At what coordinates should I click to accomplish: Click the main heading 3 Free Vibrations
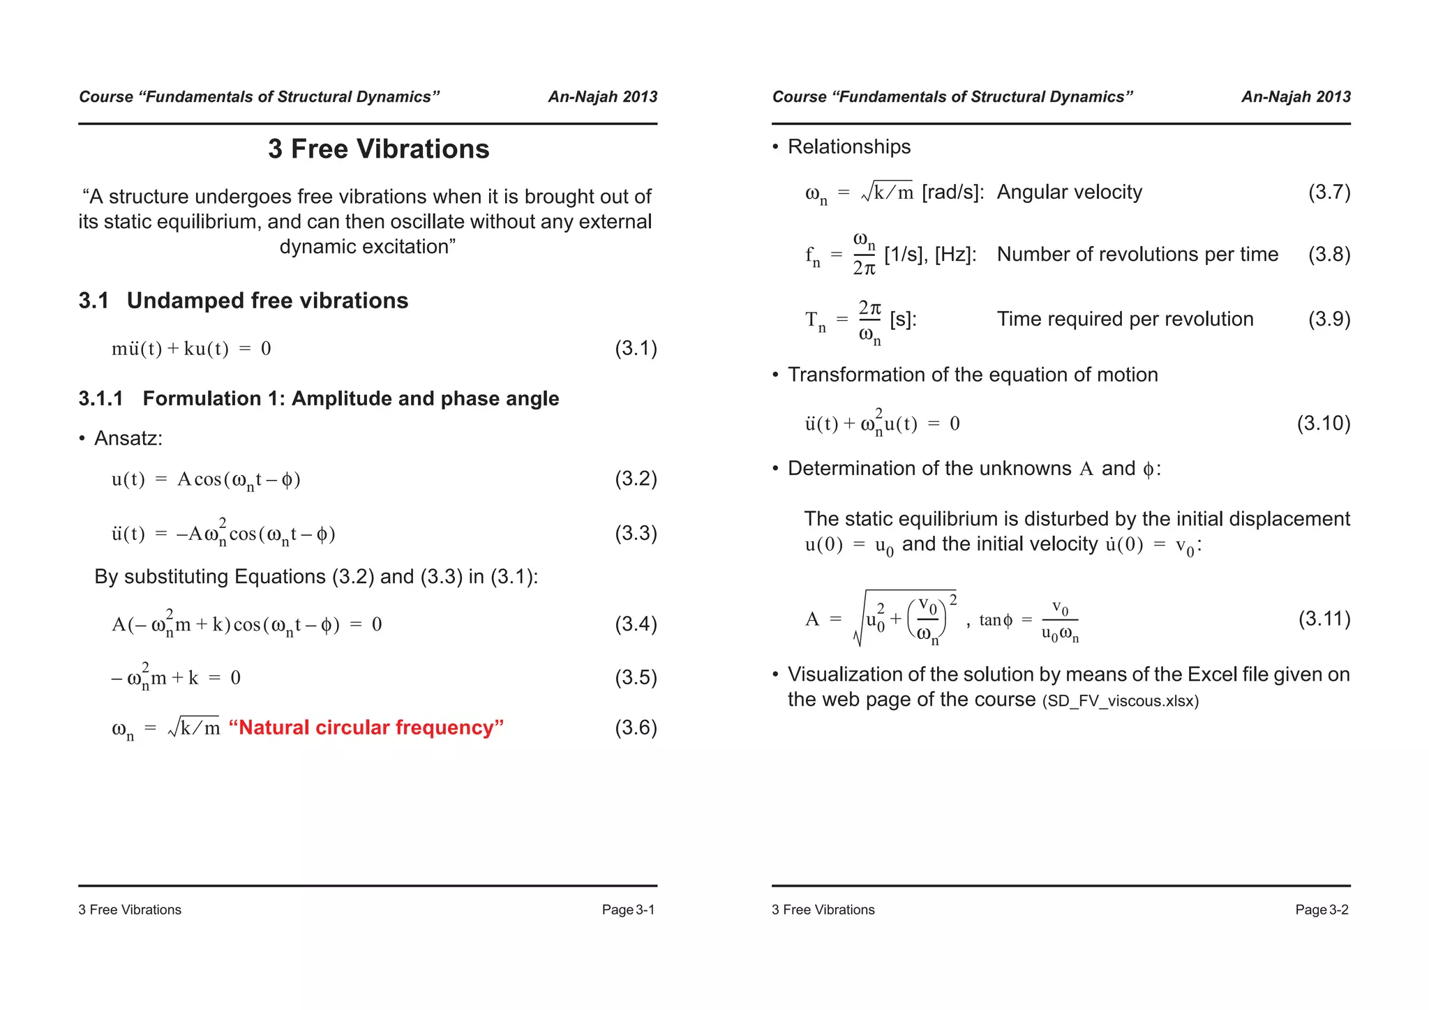point(378,149)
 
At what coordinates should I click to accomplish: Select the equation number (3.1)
point(635,348)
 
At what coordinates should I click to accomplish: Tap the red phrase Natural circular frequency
point(366,728)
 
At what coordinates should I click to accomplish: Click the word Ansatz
point(128,438)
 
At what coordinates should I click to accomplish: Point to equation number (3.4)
point(635,624)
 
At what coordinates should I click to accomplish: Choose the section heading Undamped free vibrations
point(267,301)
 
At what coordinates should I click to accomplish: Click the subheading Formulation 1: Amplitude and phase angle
point(350,398)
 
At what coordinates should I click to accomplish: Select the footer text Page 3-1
point(628,910)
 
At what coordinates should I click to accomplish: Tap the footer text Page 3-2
point(1322,910)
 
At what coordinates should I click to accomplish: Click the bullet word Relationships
point(848,146)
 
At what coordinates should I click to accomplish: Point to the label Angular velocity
point(1069,192)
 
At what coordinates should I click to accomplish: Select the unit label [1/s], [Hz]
point(930,255)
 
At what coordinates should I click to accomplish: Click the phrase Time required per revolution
point(1125,319)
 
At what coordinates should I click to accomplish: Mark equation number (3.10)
point(1323,423)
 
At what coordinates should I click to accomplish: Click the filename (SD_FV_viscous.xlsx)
point(1120,701)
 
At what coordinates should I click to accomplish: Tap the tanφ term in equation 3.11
point(996,619)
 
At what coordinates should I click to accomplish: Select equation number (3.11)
point(1324,619)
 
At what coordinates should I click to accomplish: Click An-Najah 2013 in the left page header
point(602,97)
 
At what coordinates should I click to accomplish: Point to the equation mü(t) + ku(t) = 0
point(191,348)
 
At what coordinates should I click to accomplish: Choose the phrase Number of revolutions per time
point(1137,255)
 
